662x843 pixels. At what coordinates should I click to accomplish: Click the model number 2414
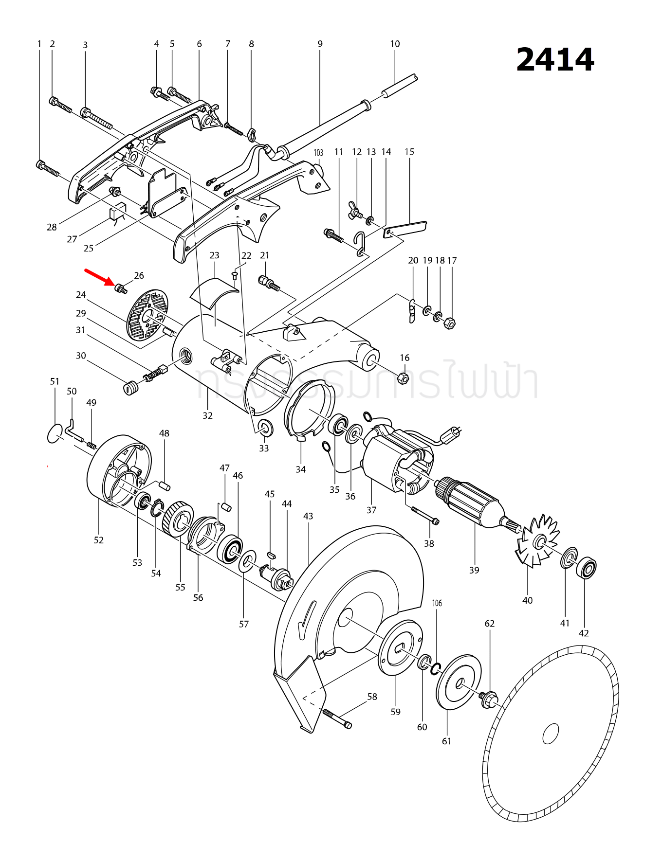tap(555, 60)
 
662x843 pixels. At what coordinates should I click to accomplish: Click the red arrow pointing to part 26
tap(100, 278)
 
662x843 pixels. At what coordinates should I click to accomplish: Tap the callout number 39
tap(474, 570)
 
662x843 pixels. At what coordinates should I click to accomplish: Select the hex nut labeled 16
tap(403, 377)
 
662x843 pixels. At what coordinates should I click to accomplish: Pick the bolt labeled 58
tap(336, 718)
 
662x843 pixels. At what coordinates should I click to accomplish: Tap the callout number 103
tap(318, 152)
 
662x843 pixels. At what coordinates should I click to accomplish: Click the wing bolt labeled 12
tap(355, 210)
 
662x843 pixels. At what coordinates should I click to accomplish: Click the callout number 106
tap(437, 603)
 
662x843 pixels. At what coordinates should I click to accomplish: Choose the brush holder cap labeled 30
tap(129, 388)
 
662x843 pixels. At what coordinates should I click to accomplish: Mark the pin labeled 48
tap(164, 485)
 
